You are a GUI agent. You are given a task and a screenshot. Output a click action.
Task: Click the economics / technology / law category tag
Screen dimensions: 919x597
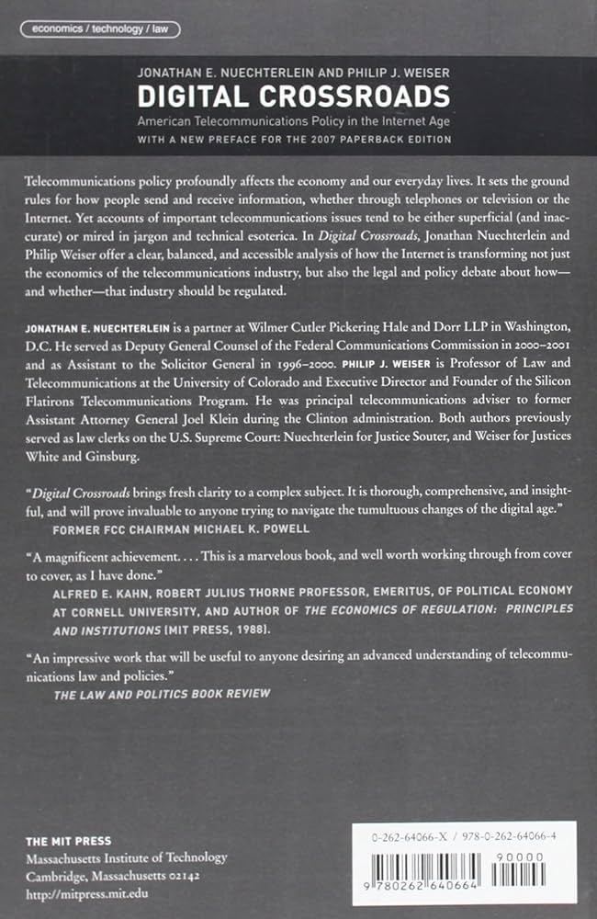pos(99,28)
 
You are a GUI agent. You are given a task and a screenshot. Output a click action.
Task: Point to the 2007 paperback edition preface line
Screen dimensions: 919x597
pos(294,139)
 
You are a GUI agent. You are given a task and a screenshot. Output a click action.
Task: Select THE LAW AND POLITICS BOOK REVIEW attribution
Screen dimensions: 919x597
pos(162,693)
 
